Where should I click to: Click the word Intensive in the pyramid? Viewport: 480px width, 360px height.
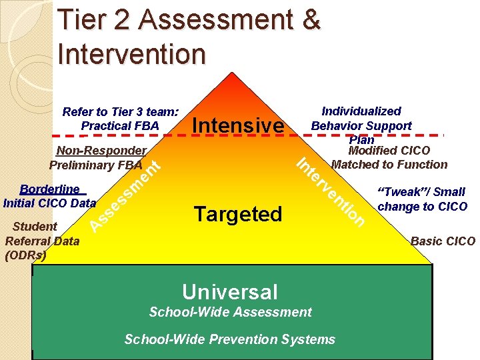[x=237, y=125]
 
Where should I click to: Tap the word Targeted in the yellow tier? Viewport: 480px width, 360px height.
[x=238, y=214]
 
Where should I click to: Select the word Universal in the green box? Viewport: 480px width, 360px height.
[x=230, y=291]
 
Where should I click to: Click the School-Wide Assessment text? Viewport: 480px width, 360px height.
[x=230, y=312]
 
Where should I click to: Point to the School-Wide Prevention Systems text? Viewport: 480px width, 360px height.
[x=230, y=339]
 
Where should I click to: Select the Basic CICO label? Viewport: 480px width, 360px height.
[x=443, y=241]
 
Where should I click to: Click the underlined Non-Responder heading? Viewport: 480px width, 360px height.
[x=101, y=151]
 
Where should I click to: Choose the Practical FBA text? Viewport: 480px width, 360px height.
[x=119, y=125]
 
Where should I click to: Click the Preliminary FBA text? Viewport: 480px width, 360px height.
[x=95, y=165]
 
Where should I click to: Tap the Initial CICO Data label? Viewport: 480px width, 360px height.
[x=49, y=201]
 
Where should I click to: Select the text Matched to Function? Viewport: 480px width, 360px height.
[x=389, y=164]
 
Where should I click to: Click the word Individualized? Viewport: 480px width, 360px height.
[x=361, y=111]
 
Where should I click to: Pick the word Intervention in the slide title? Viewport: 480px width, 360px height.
[x=132, y=53]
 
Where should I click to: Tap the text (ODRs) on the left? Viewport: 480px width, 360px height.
[x=25, y=255]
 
